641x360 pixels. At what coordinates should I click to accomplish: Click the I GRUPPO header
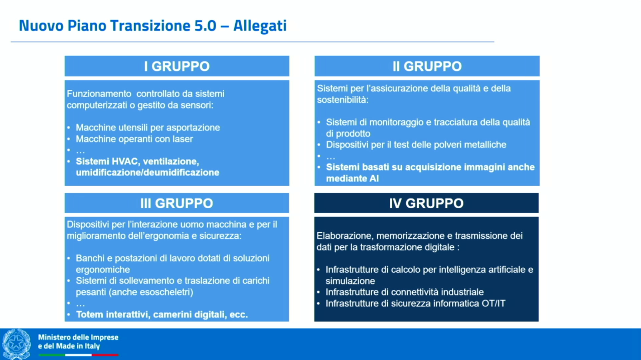pyautogui.click(x=177, y=66)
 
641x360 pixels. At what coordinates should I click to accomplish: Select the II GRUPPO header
pyautogui.click(x=427, y=66)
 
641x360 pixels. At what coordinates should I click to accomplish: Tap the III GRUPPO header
pyautogui.click(x=177, y=203)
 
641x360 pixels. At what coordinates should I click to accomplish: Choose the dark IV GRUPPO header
pyautogui.click(x=426, y=203)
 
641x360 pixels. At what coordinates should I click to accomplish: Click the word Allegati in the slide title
pyautogui.click(x=260, y=26)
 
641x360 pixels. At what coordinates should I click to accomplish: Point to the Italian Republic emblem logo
pyautogui.click(x=16, y=344)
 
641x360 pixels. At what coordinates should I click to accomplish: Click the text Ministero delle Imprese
pyautogui.click(x=78, y=337)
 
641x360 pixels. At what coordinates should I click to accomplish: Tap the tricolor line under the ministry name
pyautogui.click(x=78, y=355)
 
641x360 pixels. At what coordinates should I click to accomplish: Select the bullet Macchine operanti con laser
pyautogui.click(x=134, y=139)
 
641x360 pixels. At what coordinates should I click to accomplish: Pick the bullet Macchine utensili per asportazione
pyautogui.click(x=147, y=128)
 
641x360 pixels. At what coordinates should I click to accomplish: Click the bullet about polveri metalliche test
pyautogui.click(x=416, y=145)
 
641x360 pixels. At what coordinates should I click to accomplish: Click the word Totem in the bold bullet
pyautogui.click(x=89, y=314)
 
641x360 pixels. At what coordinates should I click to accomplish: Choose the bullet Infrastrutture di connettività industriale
pyautogui.click(x=404, y=292)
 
